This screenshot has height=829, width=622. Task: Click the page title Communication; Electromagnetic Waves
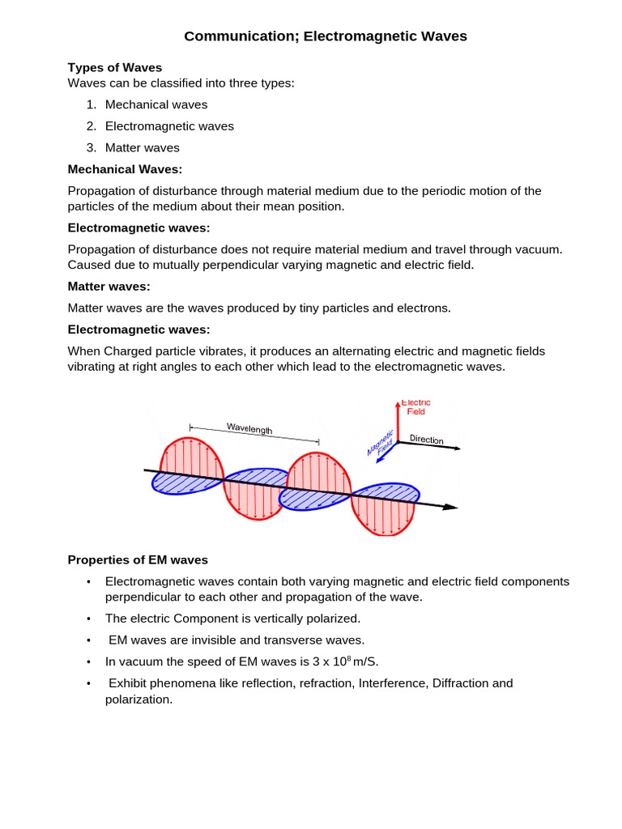coord(326,36)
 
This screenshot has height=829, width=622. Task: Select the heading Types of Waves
coord(115,67)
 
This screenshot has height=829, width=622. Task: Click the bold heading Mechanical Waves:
coord(126,169)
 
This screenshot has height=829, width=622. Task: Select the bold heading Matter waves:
coord(109,287)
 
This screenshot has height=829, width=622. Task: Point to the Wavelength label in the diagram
coord(249,429)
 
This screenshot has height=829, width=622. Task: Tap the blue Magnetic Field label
coord(381,444)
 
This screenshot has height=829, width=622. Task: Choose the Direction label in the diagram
coord(426,440)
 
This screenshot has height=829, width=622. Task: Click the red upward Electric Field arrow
coord(398,421)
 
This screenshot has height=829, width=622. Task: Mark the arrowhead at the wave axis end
coord(450,507)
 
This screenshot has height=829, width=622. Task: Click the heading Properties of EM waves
coord(138,559)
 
